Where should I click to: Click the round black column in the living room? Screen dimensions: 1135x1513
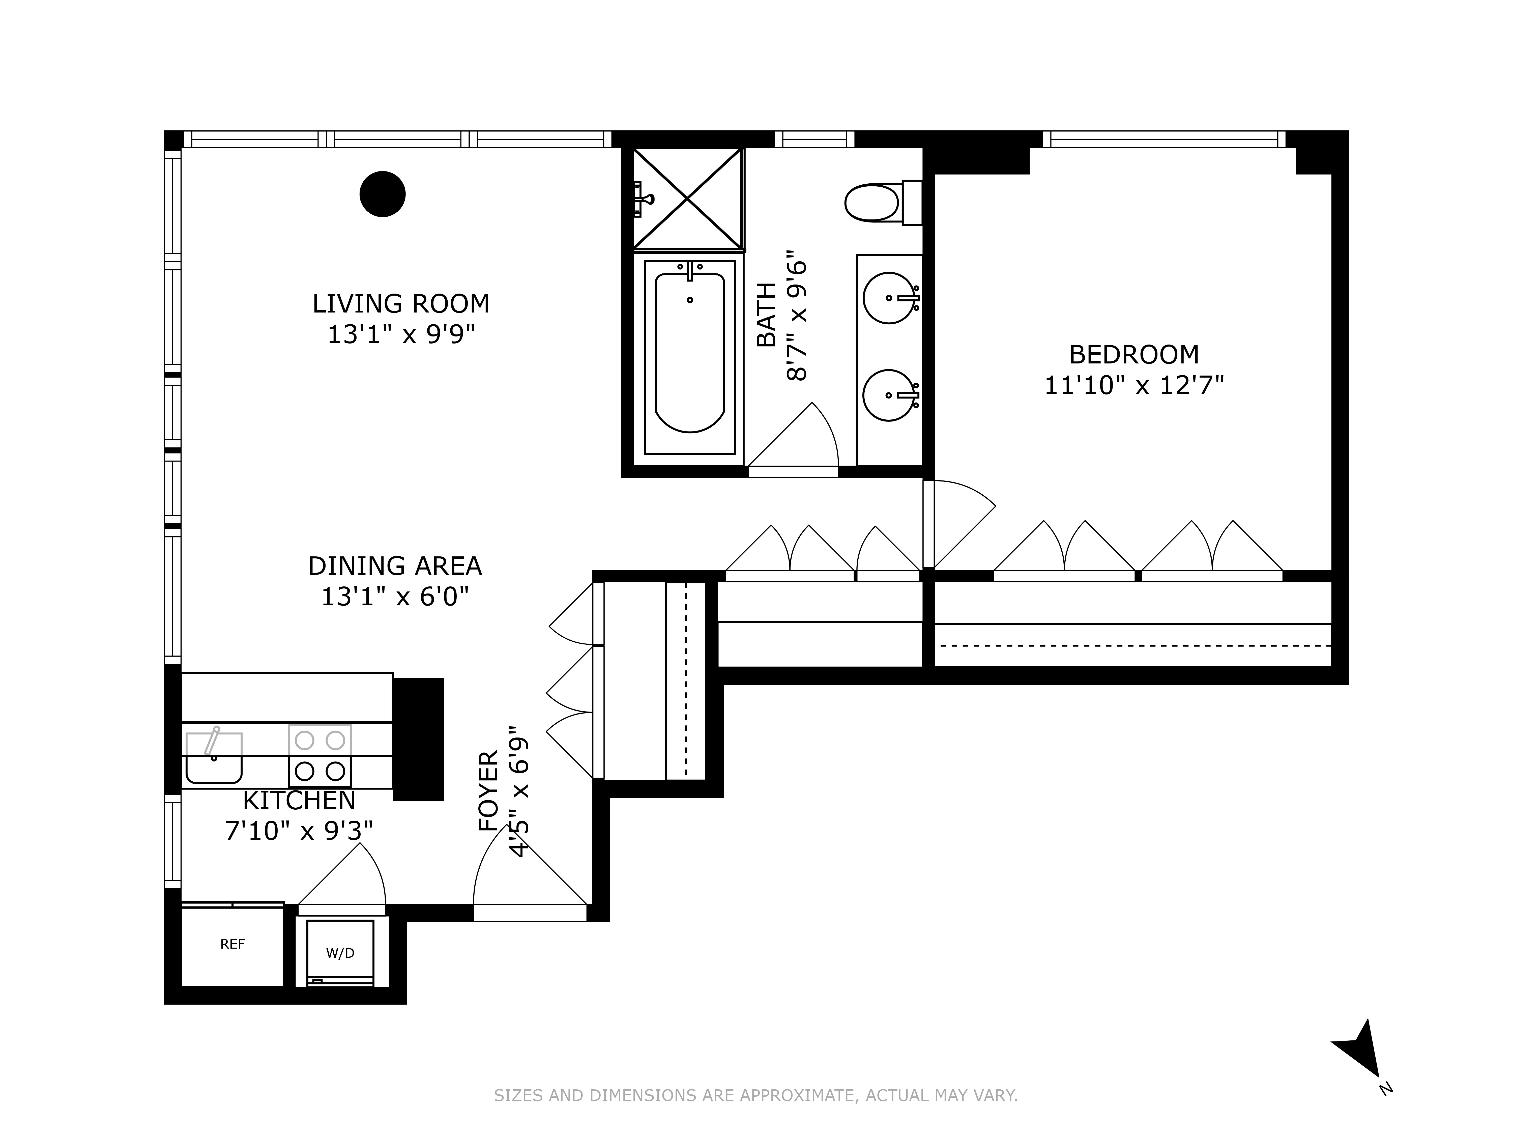pos(382,194)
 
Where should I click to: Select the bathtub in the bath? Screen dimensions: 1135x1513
pos(689,356)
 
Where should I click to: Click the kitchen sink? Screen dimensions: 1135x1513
pos(213,757)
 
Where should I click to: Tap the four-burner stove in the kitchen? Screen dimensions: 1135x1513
pos(319,756)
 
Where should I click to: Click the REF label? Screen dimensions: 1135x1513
pos(232,944)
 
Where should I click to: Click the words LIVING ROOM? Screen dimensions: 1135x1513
pos(401,304)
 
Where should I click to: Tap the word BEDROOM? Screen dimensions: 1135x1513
pos(1133,354)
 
